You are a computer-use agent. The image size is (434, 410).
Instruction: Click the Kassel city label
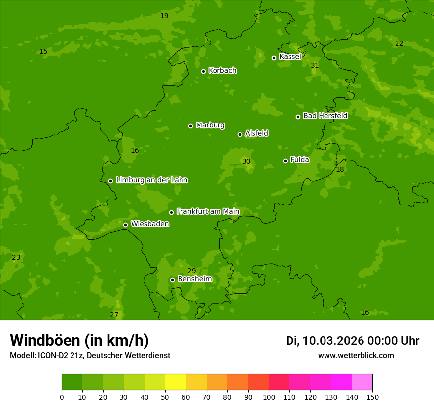tap(290, 57)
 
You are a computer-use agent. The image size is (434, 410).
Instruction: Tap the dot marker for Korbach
tap(203, 71)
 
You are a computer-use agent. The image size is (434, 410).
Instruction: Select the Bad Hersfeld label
tap(325, 116)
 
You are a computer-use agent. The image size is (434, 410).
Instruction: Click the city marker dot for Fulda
tap(285, 161)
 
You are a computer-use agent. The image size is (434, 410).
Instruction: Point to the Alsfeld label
tap(256, 133)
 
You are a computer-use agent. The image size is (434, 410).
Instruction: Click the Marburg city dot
tap(190, 126)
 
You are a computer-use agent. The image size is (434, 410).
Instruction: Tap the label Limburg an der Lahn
tap(151, 180)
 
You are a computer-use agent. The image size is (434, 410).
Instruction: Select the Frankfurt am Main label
tap(208, 211)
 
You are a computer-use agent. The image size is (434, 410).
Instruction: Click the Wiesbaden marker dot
tap(125, 225)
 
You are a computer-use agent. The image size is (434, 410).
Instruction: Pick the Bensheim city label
tap(194, 279)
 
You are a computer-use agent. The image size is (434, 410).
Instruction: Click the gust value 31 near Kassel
tap(315, 65)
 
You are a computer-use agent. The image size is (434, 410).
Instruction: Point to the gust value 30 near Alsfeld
tap(246, 161)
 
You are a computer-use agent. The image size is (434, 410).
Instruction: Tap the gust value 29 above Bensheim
tap(191, 271)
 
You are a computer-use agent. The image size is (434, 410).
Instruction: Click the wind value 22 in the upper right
tap(399, 43)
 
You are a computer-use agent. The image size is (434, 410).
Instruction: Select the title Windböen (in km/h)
tap(79, 340)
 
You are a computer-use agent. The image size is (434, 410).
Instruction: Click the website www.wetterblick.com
tap(356, 355)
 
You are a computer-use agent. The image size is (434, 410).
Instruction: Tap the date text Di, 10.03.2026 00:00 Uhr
tap(352, 341)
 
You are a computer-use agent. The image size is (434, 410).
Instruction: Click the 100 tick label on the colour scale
tap(269, 397)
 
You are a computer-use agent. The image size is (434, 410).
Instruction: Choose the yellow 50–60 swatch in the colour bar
tap(176, 382)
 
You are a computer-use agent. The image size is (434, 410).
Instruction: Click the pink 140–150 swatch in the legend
tap(362, 382)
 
